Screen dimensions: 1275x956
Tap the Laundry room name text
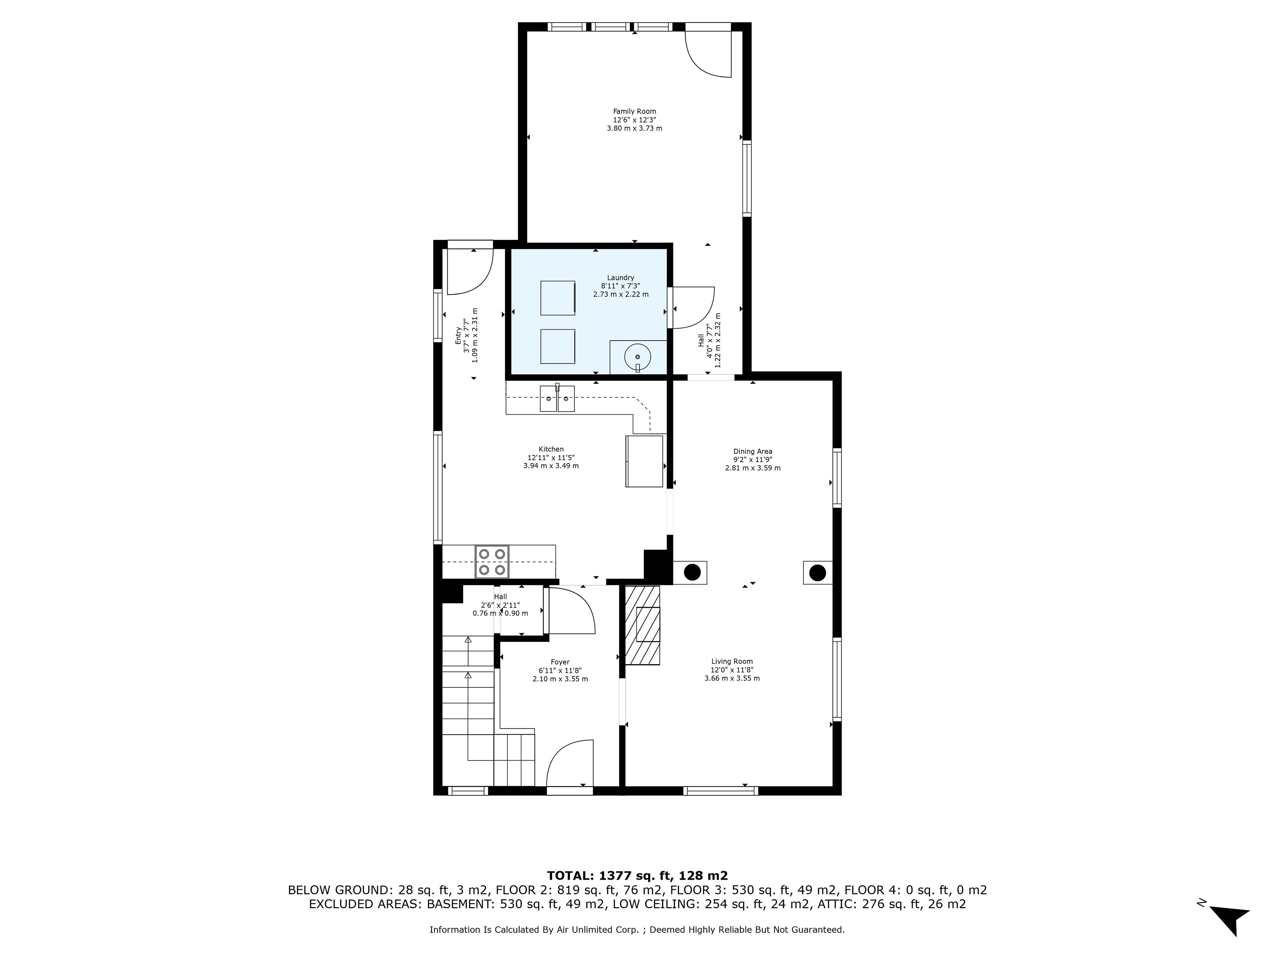(620, 278)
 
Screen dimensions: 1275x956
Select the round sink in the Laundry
(637, 357)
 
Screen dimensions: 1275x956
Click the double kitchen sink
(557, 398)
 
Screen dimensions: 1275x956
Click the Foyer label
(560, 663)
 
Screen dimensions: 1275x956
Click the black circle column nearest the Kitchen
(692, 573)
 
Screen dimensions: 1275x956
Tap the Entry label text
(458, 336)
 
